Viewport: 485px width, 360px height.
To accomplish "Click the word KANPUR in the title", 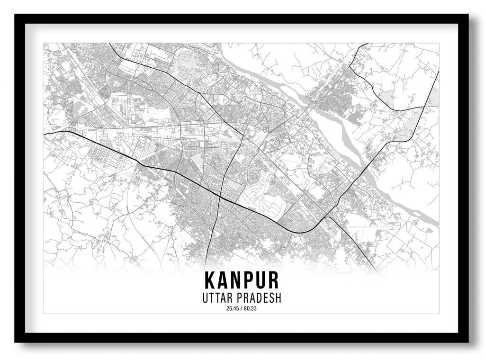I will click(242, 280).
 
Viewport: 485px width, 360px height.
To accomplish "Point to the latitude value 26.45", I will click(233, 309).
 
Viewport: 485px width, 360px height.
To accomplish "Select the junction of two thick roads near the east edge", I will click(423, 108).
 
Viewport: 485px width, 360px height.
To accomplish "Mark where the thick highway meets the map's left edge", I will click(45, 135).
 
